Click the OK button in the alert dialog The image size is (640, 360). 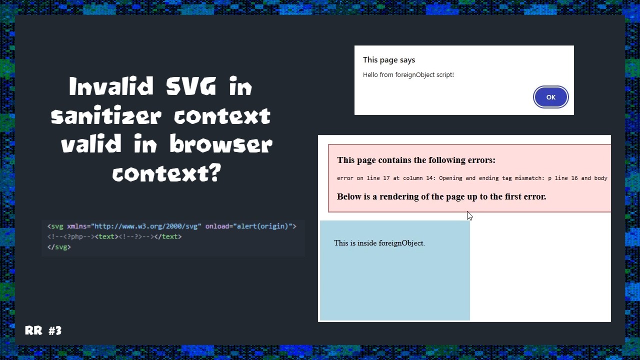click(550, 97)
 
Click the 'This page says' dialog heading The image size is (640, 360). click(389, 60)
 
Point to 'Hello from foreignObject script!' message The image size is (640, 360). click(408, 75)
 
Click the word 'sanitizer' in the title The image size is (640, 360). click(106, 116)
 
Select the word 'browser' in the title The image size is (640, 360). click(220, 145)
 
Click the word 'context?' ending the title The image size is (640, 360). click(166, 173)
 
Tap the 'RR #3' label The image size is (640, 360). click(43, 330)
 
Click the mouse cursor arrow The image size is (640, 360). click(469, 215)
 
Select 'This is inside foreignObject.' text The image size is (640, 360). click(379, 243)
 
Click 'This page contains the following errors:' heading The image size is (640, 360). click(416, 160)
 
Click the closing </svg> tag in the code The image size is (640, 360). click(59, 247)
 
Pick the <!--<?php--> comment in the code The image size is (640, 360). click(70, 236)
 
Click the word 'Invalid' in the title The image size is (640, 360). click(111, 87)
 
